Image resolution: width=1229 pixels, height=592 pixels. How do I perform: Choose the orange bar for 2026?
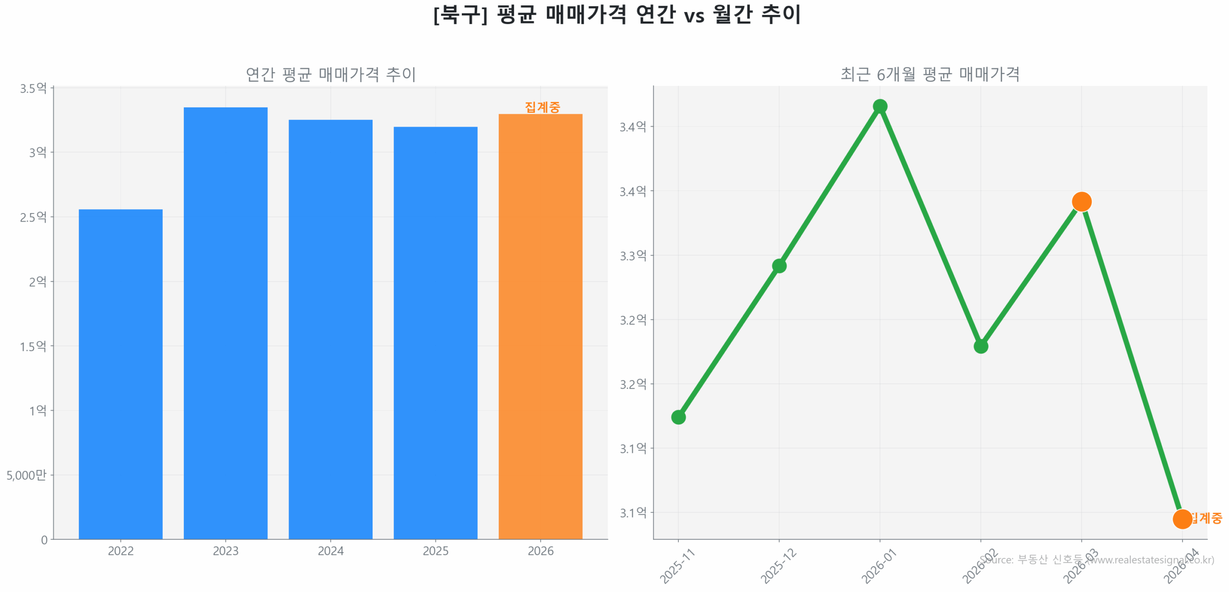540,326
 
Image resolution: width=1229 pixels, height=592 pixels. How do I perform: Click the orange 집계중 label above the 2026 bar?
542,107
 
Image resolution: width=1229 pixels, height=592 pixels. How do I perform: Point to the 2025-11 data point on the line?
678,416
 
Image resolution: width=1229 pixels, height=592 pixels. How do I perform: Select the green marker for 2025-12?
779,265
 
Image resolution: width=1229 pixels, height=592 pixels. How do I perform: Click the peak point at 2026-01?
880,106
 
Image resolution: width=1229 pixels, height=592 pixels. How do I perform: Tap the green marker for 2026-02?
980,346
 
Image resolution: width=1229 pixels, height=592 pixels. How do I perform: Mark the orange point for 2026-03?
1081,201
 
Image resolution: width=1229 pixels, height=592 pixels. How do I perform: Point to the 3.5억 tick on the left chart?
33,88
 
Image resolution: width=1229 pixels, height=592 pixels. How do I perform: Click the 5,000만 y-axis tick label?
26,474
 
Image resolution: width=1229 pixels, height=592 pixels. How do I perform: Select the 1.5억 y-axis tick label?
33,346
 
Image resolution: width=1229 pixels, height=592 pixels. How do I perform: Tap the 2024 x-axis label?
330,550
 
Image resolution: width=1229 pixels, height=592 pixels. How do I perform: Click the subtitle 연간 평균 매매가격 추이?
330,74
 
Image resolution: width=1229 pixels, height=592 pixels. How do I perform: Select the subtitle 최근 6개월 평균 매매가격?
929,74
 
